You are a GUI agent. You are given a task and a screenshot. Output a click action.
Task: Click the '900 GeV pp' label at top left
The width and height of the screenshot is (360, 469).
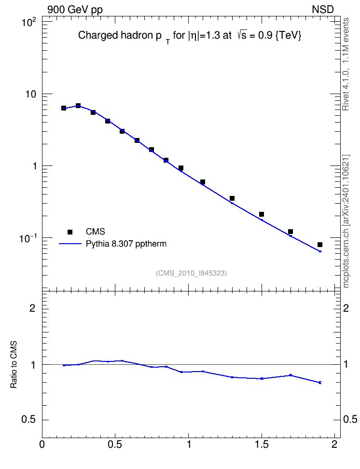75,10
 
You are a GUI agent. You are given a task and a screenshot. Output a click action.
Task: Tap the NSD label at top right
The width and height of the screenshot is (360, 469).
322,10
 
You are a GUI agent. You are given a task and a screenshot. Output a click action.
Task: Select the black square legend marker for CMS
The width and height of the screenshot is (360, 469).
70,232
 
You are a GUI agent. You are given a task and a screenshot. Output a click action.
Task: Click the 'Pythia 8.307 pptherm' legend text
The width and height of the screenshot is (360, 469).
126,244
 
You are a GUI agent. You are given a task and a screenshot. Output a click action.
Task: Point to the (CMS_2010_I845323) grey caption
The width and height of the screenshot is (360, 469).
192,273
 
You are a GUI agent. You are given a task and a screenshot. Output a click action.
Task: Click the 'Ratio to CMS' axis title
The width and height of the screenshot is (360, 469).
14,365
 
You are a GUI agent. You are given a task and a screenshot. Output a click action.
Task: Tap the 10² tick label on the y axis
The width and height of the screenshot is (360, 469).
29,22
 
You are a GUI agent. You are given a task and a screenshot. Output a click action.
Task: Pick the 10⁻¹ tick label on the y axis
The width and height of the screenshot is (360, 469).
28,238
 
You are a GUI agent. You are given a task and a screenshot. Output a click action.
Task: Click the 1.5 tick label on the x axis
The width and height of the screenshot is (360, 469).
262,444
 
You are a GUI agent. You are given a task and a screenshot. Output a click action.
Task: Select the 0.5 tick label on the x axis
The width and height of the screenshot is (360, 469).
115,444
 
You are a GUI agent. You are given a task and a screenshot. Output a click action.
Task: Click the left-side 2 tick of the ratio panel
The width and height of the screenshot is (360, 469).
32,308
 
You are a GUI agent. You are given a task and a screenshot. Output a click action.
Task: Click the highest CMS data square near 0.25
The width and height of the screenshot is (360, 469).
78,106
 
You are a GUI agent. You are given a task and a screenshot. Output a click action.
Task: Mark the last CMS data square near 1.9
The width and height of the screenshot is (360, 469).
320,245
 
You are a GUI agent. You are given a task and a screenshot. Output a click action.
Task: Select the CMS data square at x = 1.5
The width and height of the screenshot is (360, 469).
262,214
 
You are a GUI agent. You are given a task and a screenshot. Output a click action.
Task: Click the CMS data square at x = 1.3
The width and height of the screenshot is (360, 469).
232,198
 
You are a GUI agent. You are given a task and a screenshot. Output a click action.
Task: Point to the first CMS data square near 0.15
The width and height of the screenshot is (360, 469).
63,108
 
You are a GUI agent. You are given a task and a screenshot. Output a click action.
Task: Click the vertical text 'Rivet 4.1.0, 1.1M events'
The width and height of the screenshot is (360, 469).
346,64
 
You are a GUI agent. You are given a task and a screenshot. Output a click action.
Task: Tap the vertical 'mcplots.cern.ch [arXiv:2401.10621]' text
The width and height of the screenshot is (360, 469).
346,221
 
